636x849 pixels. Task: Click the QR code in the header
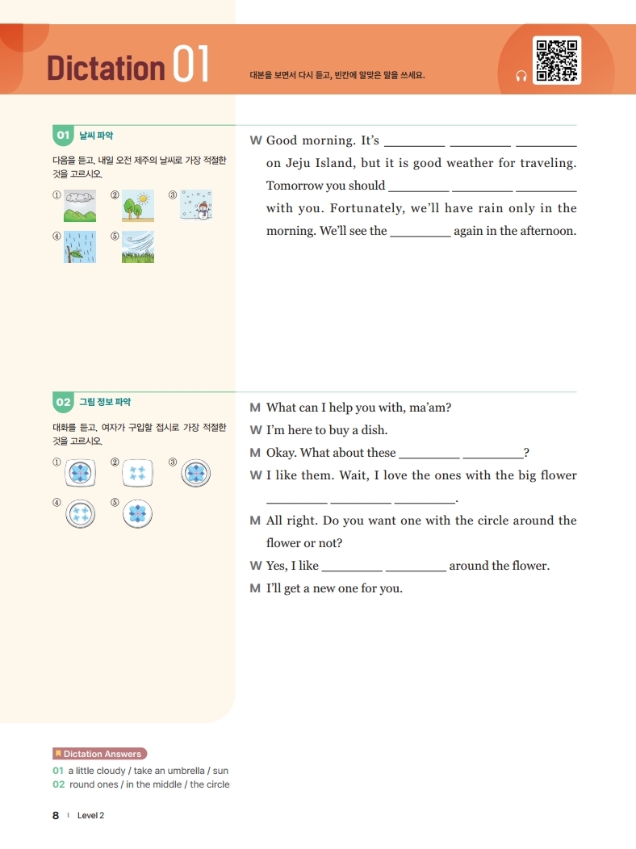click(557, 61)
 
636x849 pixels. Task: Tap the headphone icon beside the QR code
click(521, 76)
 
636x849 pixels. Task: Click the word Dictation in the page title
click(106, 68)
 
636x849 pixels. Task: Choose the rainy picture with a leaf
click(80, 247)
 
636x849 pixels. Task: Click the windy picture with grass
click(138, 247)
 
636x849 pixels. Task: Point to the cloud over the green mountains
click(80, 197)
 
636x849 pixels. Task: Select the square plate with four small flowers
click(138, 472)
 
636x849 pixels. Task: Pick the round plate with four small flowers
click(80, 513)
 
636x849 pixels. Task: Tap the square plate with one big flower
click(80, 472)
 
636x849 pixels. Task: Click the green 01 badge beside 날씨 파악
click(63, 135)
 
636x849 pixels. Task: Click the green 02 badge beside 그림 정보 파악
click(63, 401)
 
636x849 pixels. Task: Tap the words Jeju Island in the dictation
click(318, 163)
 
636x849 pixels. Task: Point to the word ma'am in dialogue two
click(430, 408)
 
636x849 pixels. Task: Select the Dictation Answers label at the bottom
click(101, 754)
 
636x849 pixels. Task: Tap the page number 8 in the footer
click(56, 815)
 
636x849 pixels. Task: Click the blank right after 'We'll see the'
click(421, 232)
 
